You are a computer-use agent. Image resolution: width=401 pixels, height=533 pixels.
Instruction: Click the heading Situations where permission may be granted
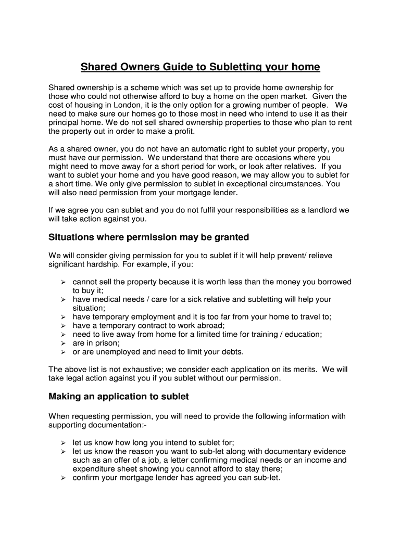148,237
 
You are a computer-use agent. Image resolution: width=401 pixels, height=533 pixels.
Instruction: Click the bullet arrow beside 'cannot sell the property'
62,282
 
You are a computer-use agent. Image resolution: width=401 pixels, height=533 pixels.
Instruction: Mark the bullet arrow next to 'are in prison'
62,343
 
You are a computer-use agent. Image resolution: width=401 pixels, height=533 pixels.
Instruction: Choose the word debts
232,352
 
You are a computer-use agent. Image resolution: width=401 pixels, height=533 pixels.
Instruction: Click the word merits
304,370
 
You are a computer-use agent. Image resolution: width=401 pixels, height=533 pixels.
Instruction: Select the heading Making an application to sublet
118,397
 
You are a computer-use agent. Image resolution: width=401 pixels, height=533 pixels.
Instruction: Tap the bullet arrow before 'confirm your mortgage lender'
62,478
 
